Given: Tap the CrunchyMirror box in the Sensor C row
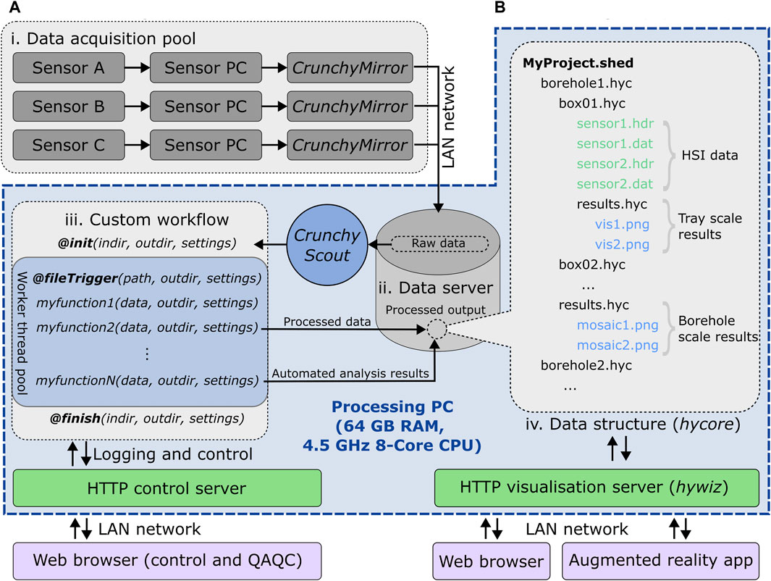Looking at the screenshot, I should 350,145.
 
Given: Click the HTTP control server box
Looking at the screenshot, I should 167,488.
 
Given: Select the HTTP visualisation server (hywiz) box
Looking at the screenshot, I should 597,488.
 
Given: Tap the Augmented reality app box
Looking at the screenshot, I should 660,561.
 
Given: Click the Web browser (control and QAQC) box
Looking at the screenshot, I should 167,561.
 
